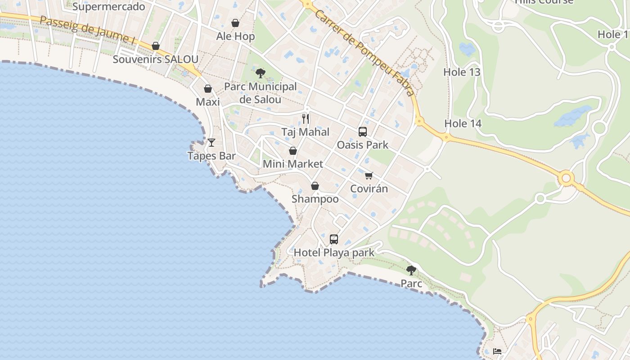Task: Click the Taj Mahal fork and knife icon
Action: click(306, 119)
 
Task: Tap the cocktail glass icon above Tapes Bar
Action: click(211, 143)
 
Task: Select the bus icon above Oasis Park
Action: click(363, 132)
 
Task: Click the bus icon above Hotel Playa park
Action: click(334, 239)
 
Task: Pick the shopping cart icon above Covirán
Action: click(369, 175)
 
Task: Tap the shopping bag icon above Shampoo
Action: click(315, 186)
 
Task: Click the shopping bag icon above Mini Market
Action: click(293, 151)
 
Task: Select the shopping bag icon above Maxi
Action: click(208, 89)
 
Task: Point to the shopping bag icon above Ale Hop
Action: click(235, 23)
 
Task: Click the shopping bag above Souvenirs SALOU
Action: click(156, 46)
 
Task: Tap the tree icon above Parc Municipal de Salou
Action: click(260, 73)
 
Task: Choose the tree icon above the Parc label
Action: click(411, 270)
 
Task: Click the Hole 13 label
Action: click(462, 72)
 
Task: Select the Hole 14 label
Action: click(463, 123)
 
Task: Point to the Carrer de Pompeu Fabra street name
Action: click(364, 52)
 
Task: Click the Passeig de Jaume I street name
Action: click(87, 30)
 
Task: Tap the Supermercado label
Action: click(108, 6)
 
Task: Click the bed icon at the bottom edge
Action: click(497, 351)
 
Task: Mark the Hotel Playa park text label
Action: click(334, 253)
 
